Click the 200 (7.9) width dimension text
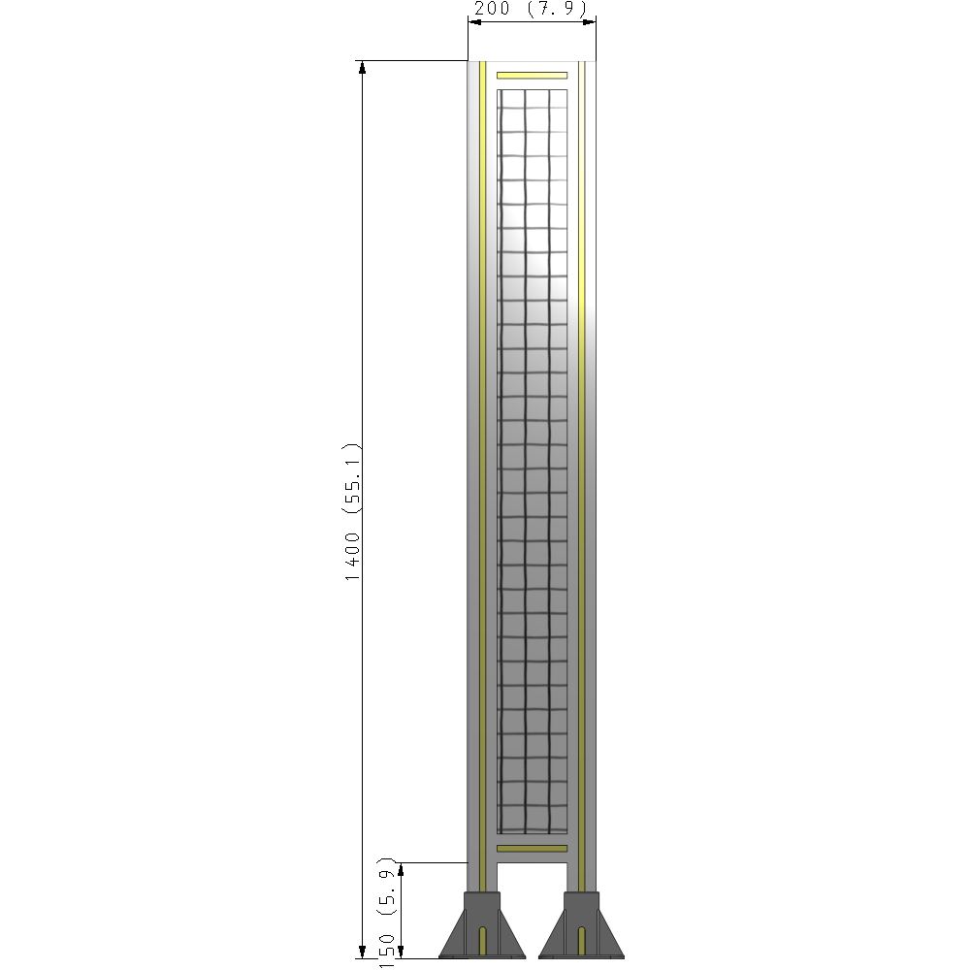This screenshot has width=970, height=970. click(x=532, y=10)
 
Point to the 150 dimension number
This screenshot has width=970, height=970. click(x=387, y=950)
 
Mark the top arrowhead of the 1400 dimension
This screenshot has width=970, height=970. click(x=363, y=67)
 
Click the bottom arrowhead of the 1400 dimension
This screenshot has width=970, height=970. click(x=363, y=952)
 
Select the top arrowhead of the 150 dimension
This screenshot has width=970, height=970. click(x=402, y=868)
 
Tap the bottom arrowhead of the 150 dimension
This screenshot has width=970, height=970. click(x=402, y=952)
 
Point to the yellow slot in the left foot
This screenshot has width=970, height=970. click(x=483, y=940)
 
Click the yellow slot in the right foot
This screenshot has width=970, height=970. click(x=582, y=940)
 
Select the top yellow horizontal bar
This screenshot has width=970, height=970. click(x=532, y=75)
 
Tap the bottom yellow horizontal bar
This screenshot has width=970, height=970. click(x=532, y=849)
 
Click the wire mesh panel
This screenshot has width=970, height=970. click(x=532, y=456)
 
